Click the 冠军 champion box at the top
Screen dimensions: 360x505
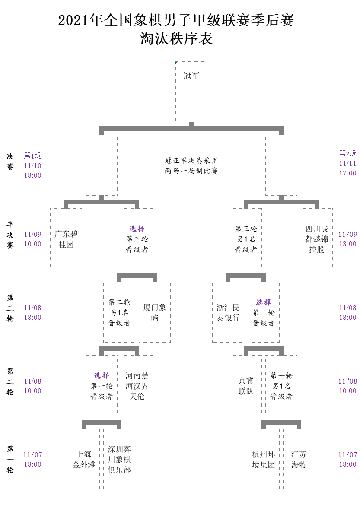[191, 92]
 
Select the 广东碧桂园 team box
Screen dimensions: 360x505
[66, 238]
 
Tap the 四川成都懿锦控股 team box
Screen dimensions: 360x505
[317, 238]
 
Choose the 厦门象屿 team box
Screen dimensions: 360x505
[155, 312]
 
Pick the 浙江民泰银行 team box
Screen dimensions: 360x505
[228, 312]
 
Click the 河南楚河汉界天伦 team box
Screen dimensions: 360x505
[137, 385]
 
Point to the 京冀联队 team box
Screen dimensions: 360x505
[246, 385]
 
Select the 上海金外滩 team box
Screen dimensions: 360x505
[84, 459]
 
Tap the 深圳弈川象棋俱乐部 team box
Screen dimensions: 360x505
[119, 459]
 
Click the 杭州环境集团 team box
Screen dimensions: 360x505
[264, 459]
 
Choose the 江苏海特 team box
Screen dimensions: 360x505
[299, 459]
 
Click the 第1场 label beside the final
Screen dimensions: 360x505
[32, 156]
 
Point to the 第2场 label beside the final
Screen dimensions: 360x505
[347, 153]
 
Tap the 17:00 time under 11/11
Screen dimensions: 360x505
[347, 173]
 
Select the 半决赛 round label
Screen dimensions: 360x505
[10, 235]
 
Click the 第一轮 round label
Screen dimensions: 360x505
[10, 459]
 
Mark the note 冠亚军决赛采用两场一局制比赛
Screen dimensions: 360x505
[191, 165]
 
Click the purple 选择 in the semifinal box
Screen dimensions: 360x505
[137, 229]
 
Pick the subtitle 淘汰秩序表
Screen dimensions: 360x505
[176, 38]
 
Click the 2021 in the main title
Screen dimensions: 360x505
[73, 20]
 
